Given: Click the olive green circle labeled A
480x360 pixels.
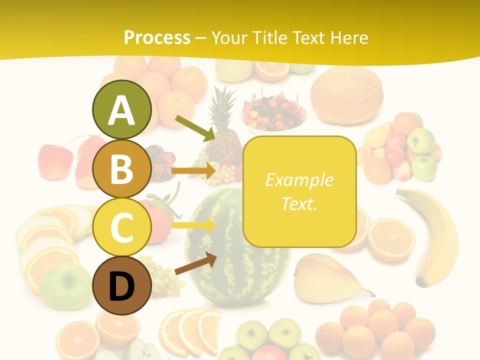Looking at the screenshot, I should pyautogui.click(x=121, y=109).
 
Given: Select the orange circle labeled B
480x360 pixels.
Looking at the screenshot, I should pyautogui.click(x=121, y=168).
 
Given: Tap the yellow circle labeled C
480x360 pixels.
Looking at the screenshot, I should pyautogui.click(x=121, y=227).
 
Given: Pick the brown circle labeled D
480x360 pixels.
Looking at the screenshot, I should pyautogui.click(x=121, y=286).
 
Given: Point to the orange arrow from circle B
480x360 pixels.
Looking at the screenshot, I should pyautogui.click(x=193, y=171).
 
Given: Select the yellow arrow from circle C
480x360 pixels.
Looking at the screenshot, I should pyautogui.click(x=193, y=225).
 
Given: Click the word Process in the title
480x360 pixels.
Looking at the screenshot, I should pyautogui.click(x=157, y=37).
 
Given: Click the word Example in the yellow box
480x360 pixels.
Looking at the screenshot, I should pyautogui.click(x=299, y=180).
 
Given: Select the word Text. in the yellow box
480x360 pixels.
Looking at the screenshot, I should pyautogui.click(x=299, y=203).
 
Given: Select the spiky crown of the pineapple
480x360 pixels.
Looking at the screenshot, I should pyautogui.click(x=223, y=105).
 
